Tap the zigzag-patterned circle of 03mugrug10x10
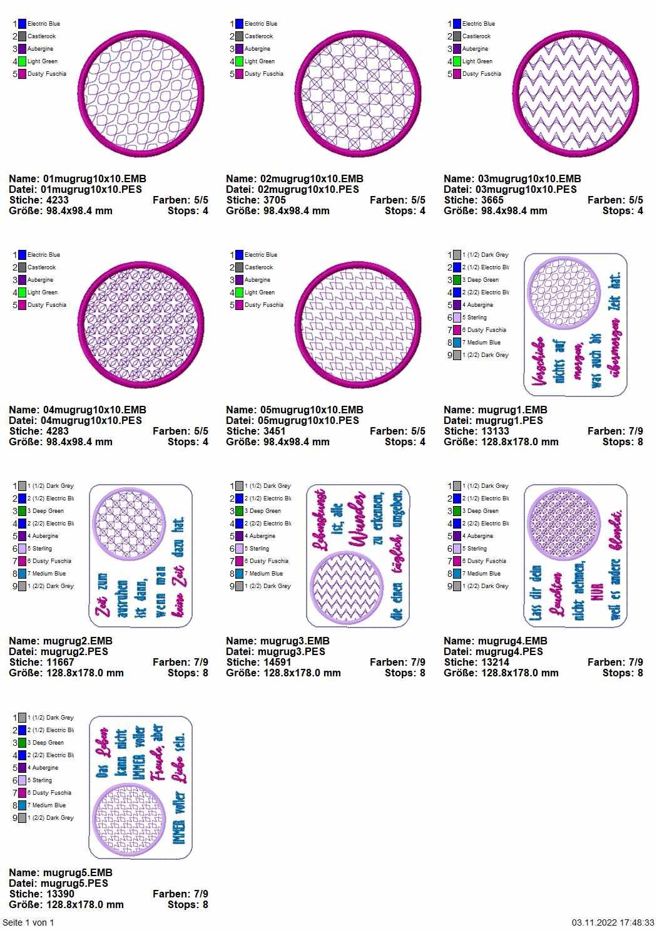point(576,94)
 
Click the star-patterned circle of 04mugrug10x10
point(141,325)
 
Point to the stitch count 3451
point(274,431)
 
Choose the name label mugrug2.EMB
point(78,641)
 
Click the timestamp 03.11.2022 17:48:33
point(613,922)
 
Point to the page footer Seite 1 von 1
point(28,922)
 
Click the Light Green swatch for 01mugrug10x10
point(23,61)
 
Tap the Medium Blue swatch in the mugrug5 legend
point(23,805)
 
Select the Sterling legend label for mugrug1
point(476,318)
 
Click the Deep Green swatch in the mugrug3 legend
point(240,511)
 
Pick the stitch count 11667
point(59,662)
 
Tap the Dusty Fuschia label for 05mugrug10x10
point(263,305)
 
